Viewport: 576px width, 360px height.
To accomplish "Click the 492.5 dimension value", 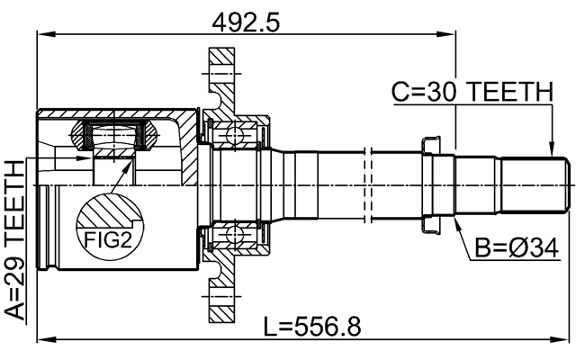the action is tap(246, 22).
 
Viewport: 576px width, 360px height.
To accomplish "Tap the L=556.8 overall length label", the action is tap(312, 326).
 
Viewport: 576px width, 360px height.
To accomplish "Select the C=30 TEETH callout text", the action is tap(472, 92).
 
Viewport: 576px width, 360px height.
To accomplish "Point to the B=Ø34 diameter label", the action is tap(516, 248).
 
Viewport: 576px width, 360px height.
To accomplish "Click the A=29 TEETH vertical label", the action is tap(14, 240).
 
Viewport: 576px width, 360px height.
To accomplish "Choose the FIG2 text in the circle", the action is tap(108, 240).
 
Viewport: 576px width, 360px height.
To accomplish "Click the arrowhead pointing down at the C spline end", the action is tap(551, 150).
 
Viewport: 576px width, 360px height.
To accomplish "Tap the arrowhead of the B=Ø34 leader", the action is tap(457, 223).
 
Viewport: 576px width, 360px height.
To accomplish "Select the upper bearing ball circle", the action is tap(234, 135).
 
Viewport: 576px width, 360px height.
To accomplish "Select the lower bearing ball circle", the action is tap(234, 233).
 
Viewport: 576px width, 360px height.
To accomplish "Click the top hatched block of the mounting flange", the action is tap(222, 66).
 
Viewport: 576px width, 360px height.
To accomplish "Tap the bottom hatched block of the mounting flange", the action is tap(222, 304).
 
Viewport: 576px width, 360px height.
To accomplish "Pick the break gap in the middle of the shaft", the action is tap(368, 184).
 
